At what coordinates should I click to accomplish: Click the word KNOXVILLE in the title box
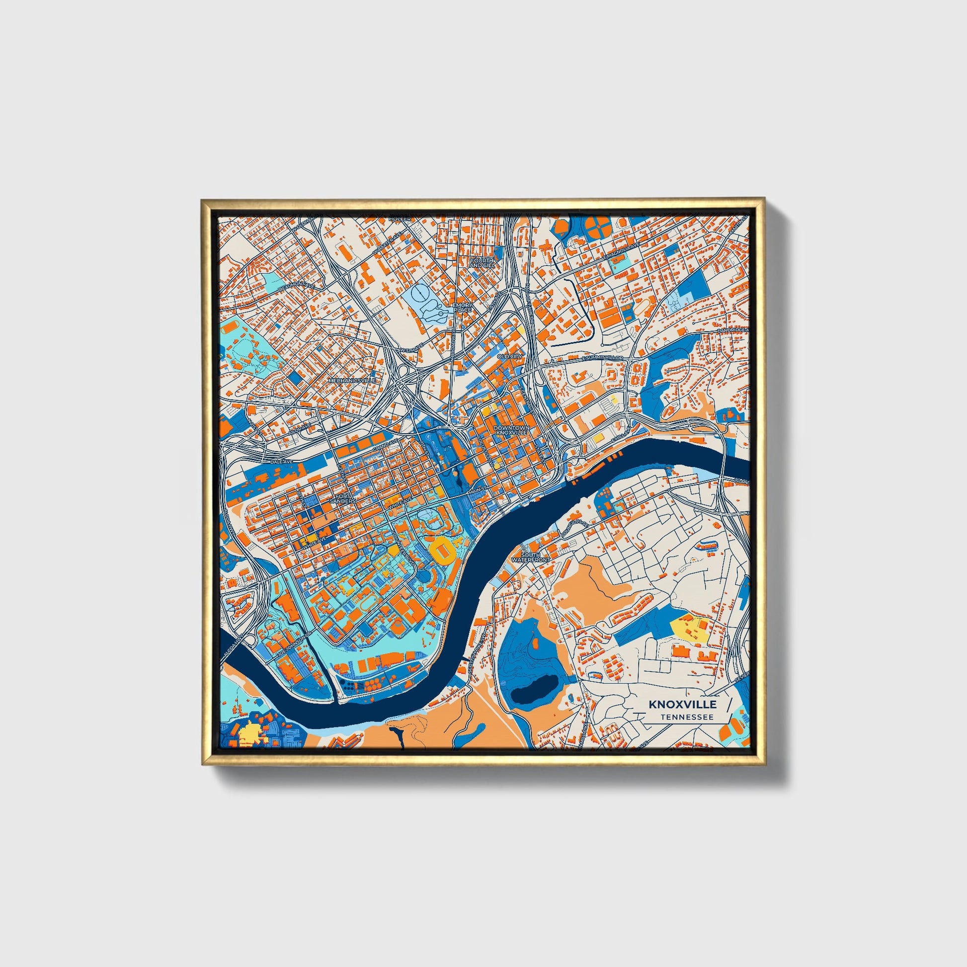683,704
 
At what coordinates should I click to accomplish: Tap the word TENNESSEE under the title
686,717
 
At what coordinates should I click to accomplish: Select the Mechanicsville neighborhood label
351,381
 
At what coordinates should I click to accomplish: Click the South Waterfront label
535,557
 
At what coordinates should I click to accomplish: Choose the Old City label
509,356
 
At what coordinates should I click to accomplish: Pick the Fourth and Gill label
482,263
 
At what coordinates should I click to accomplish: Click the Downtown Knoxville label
510,430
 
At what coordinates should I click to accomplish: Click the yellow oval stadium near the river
443,550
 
